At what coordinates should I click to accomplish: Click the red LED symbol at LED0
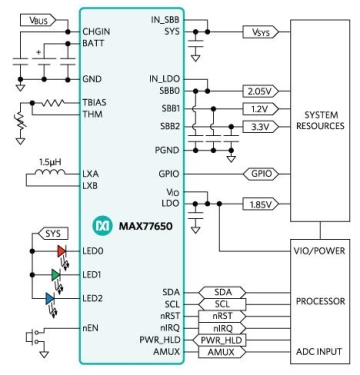62,251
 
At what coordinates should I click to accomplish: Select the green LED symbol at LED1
56,275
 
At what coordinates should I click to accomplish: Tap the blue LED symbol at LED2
50,298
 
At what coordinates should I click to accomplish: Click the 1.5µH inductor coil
50,172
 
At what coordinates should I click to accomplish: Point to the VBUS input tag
38,20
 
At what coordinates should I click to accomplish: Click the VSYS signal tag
261,32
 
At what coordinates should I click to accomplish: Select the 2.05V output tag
261,91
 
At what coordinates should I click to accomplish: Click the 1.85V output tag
261,204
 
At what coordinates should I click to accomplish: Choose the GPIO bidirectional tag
261,174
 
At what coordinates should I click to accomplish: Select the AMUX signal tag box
222,352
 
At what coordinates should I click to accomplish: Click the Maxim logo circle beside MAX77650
101,226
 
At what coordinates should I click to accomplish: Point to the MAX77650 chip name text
146,226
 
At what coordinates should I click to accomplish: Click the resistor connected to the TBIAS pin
52,103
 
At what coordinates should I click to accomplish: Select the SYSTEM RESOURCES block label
320,120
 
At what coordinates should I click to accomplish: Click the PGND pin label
167,150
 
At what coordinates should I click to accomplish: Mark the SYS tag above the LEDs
53,234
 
